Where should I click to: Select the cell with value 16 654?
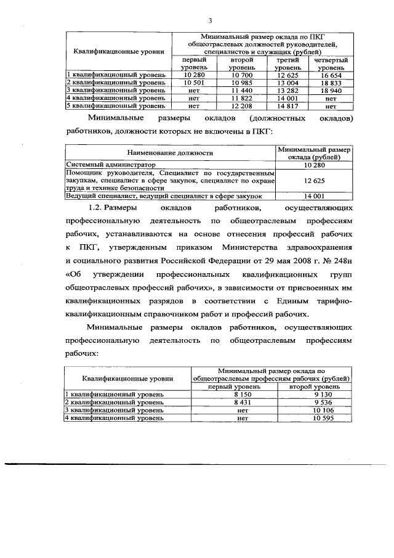click(330, 75)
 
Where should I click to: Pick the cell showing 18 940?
click(330, 90)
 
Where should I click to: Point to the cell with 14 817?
click(287, 105)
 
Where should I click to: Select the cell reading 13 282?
click(287, 90)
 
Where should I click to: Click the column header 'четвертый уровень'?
click(331, 64)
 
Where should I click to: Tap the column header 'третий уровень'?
click(287, 64)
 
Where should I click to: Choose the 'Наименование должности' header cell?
click(171, 153)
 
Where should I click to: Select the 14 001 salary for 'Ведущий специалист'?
click(315, 195)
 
